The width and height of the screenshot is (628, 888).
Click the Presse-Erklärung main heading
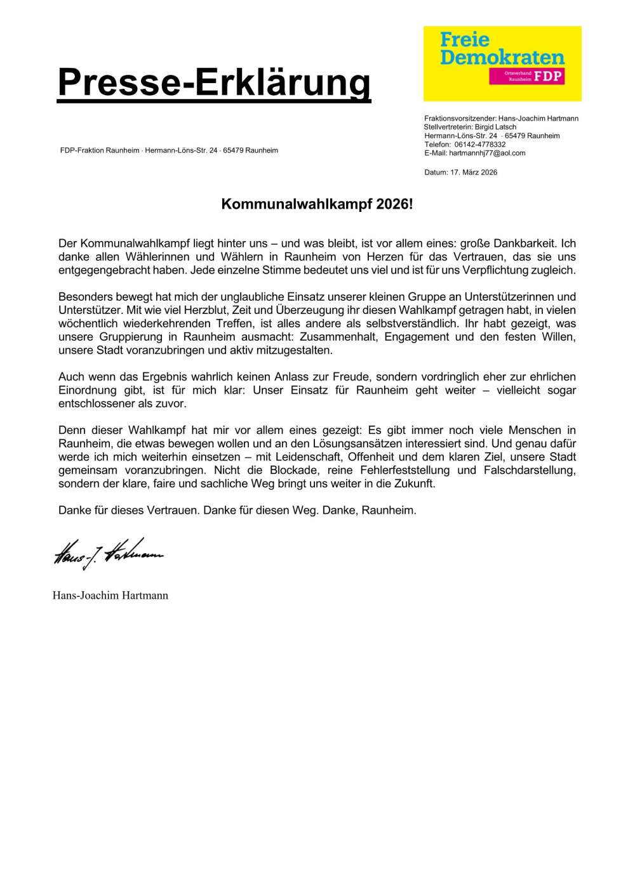tap(214, 82)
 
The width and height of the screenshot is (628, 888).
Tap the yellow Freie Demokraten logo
tap(502, 63)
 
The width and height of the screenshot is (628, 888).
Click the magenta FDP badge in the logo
tap(526, 77)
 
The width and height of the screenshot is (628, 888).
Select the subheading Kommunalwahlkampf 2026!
tap(316, 205)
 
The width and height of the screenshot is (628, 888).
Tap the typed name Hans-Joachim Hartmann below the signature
tap(110, 596)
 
